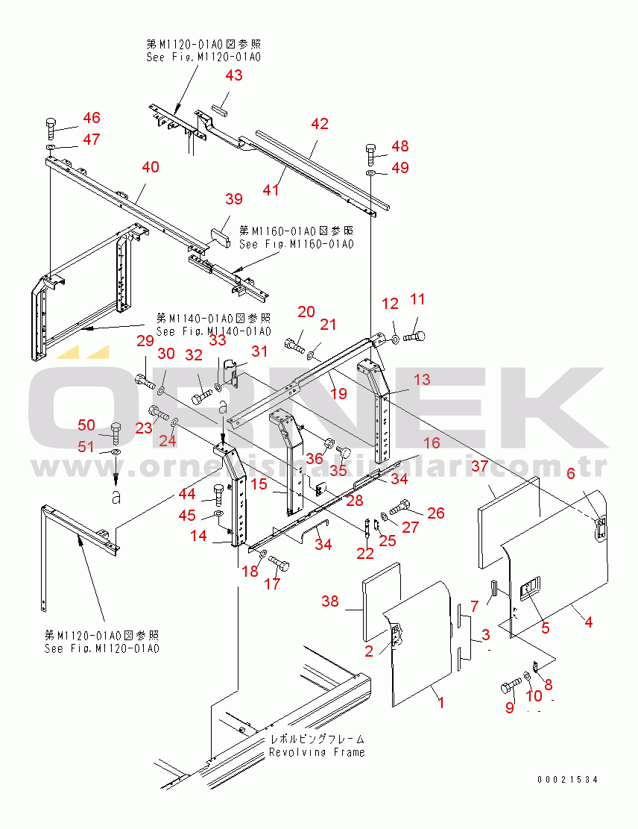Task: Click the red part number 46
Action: click(91, 118)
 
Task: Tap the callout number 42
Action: click(319, 125)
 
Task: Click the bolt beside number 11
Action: click(414, 337)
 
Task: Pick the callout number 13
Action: click(421, 380)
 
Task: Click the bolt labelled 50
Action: click(116, 432)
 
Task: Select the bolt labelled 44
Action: click(218, 494)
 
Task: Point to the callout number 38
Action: click(330, 601)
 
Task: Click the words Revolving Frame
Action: click(317, 752)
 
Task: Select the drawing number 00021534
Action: click(568, 780)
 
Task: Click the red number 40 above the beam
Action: click(151, 167)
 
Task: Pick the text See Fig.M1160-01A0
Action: click(296, 244)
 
